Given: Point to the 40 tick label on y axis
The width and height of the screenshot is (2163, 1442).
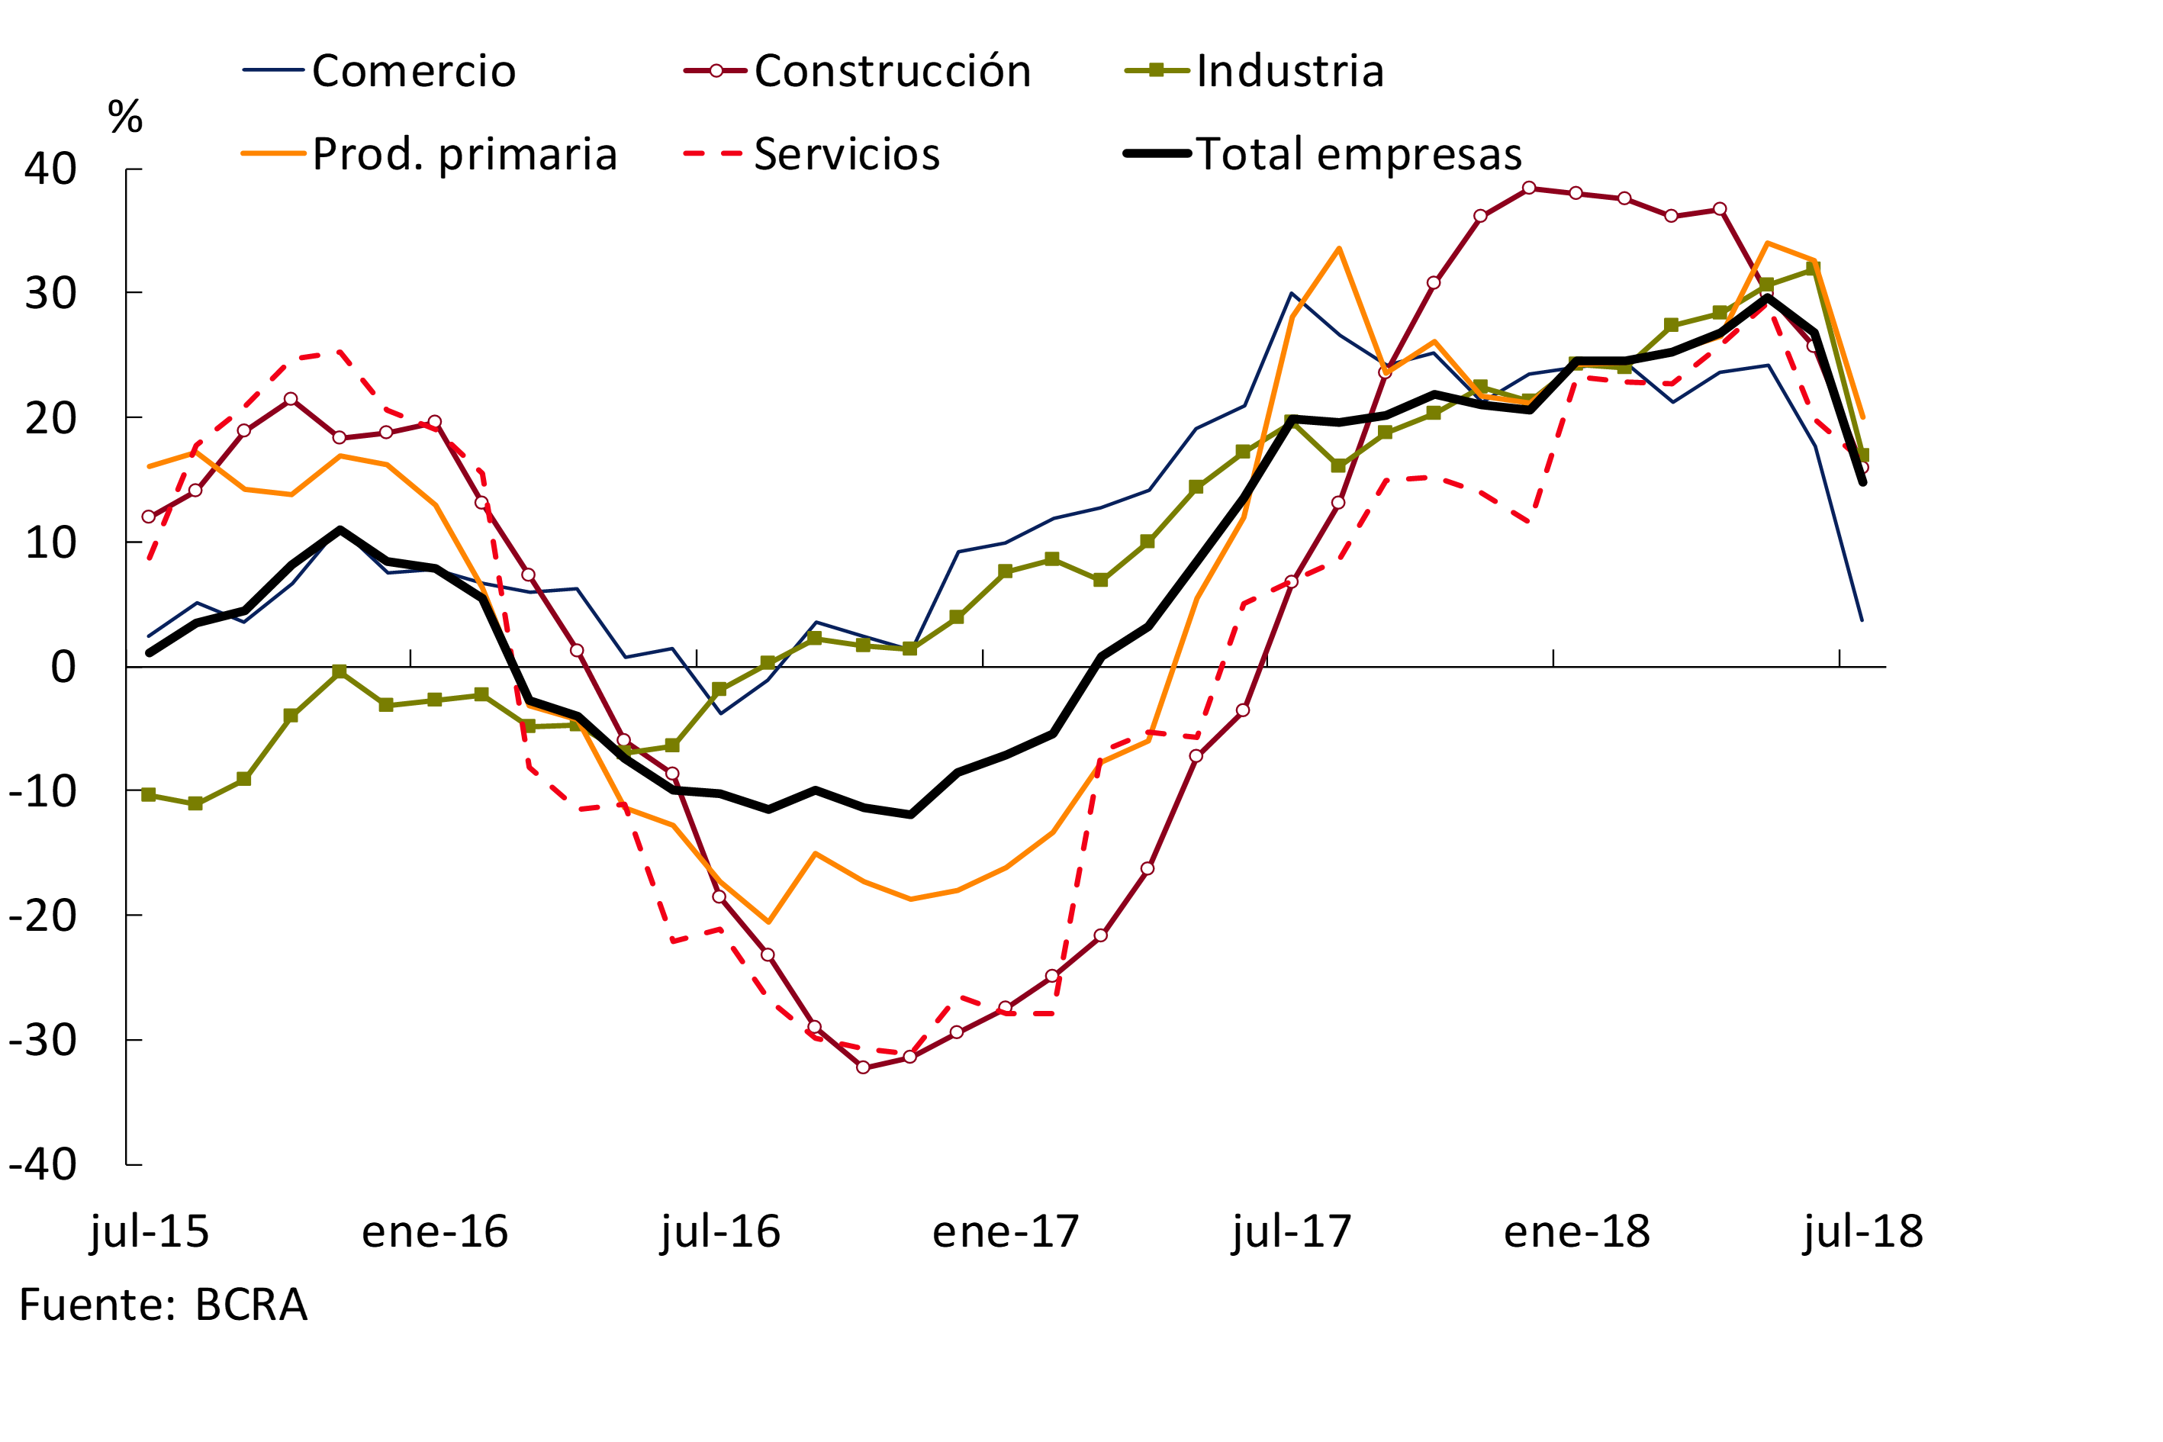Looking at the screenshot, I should coord(50,169).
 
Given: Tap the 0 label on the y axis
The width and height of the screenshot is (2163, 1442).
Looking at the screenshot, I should coord(63,667).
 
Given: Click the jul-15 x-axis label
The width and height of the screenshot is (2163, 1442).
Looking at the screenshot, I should coord(150,1231).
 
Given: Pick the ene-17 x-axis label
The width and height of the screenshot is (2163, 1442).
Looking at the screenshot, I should coord(1005,1231).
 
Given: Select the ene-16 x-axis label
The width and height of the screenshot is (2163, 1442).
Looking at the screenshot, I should coord(435,1231).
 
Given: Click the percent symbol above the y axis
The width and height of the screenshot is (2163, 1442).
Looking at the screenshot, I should coord(125,117).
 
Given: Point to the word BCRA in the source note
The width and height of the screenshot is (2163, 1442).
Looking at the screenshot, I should coord(251,1305).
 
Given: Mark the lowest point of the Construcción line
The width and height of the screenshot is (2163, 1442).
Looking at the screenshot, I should coord(863,1067).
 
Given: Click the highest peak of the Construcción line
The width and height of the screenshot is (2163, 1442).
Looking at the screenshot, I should coord(1528,188).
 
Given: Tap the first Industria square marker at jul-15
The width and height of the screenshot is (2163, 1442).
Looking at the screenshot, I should coord(149,794).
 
